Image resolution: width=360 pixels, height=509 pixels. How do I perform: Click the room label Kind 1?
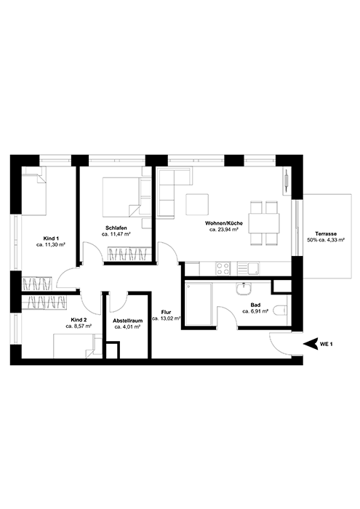pos(50,239)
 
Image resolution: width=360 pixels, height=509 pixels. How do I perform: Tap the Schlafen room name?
pos(116,228)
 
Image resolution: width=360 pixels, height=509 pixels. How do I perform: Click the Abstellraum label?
pos(127,320)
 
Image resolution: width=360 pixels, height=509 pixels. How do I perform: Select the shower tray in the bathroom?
pos(197,305)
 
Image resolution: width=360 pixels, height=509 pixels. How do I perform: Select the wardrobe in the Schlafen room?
pos(129,253)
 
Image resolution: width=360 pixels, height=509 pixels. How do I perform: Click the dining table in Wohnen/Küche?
pos(263,222)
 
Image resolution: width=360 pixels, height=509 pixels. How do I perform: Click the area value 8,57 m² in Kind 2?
pos(79,326)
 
